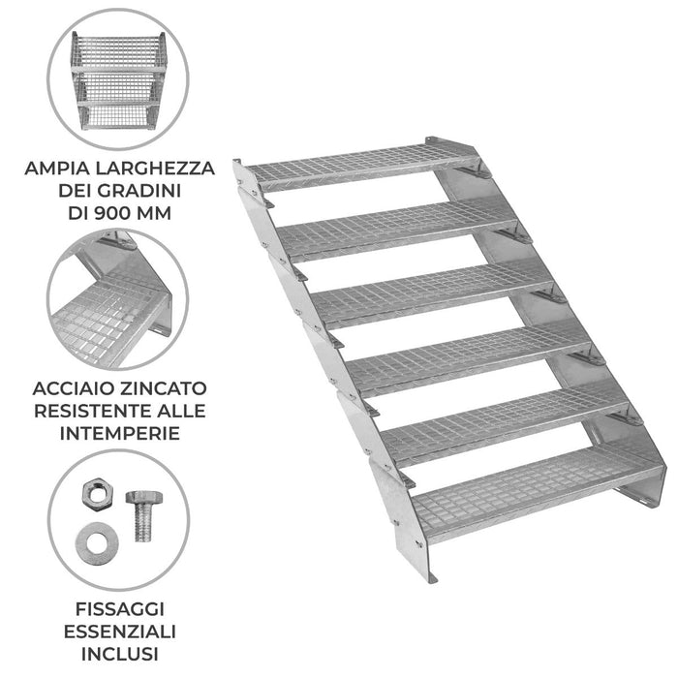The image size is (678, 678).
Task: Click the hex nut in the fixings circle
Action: (x=95, y=495)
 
